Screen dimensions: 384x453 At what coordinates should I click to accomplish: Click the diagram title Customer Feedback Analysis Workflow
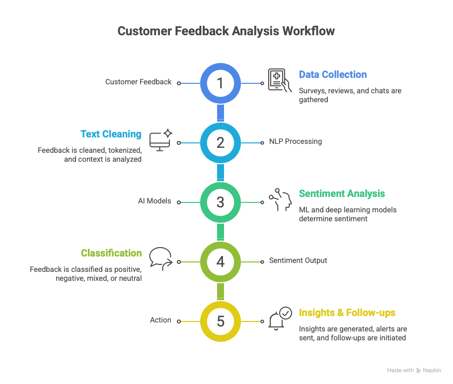pos(226,31)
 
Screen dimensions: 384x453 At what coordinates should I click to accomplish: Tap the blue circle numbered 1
pos(221,83)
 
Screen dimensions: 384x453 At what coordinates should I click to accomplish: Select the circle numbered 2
pos(221,143)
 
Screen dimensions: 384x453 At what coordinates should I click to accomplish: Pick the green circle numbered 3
pos(221,202)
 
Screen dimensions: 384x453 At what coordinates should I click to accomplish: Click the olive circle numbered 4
pos(221,261)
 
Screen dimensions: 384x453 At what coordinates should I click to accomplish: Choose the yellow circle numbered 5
pos(221,321)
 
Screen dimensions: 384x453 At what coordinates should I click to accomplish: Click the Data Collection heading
pos(332,74)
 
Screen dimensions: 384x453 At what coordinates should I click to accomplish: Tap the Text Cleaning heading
pos(111,134)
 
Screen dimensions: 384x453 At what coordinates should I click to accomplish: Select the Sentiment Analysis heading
pos(342,193)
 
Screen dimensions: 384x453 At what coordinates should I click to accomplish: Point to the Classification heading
pos(111,253)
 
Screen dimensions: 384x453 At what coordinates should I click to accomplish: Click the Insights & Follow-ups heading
pos(347,313)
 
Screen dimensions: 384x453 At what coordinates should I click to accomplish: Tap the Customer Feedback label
pos(138,82)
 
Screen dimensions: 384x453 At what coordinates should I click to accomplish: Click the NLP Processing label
pos(296,141)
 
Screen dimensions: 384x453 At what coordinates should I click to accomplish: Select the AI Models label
pos(154,201)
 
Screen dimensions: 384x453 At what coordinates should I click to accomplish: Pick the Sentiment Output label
pos(298,260)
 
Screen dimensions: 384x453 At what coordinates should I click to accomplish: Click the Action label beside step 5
pos(160,320)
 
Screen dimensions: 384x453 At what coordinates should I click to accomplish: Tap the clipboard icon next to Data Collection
pos(280,80)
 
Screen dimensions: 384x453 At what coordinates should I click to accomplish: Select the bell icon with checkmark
pos(280,319)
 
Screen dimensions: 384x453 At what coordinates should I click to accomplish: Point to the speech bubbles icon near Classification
pos(160,258)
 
